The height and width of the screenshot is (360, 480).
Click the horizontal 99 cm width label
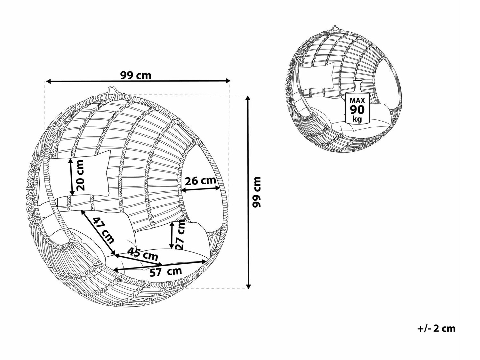tap(136, 76)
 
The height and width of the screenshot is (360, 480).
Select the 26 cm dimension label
tap(201, 181)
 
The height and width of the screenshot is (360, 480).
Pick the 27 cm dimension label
tap(180, 235)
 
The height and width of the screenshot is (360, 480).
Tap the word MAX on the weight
tap(357, 100)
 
